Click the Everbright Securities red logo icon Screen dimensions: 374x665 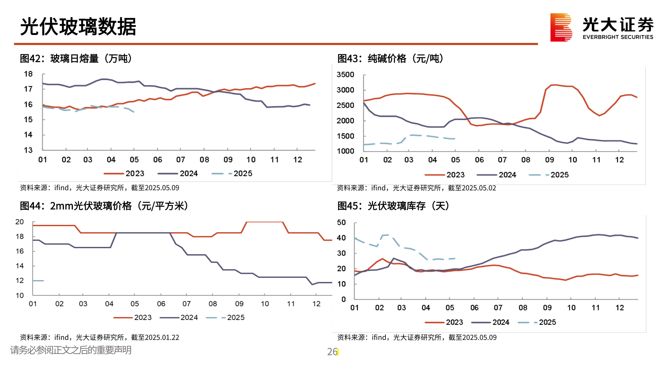561,27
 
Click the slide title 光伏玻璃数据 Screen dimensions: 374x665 78,27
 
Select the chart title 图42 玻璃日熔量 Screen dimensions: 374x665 76,59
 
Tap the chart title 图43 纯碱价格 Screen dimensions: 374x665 390,59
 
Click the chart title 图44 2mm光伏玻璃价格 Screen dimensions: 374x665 104,206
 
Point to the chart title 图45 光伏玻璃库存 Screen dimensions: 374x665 393,206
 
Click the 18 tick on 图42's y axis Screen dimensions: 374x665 28,74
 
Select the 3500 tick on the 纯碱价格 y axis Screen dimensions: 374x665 345,74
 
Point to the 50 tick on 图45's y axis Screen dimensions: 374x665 341,222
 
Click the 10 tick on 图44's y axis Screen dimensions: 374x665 20,295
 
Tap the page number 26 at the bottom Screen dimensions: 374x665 332,352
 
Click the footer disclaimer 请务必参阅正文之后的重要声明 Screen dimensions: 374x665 71,350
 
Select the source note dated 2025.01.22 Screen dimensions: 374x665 99,337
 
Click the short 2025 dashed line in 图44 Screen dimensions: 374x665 38,280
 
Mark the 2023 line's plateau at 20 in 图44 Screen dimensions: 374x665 265,222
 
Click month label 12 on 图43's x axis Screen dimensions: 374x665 619,160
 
